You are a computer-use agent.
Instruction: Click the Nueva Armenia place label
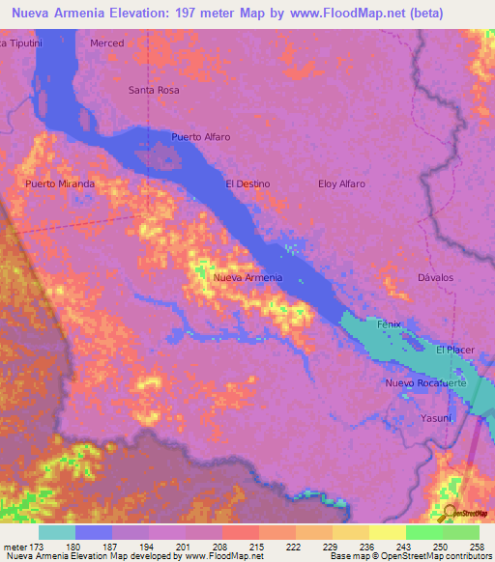[x=247, y=278]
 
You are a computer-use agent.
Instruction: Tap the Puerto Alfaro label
[x=201, y=137]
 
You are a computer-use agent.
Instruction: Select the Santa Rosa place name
[x=155, y=90]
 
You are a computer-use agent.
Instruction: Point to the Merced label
[x=107, y=43]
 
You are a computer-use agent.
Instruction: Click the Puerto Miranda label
[x=60, y=183]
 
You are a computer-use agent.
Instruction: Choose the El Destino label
[x=247, y=183]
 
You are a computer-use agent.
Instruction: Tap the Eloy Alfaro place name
[x=342, y=183]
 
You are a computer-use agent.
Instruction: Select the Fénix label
[x=389, y=324]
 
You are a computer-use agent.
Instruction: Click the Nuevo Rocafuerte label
[x=426, y=383]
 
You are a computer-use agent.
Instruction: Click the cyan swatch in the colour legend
[x=57, y=532]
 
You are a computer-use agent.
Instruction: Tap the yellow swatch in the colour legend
[x=388, y=532]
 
